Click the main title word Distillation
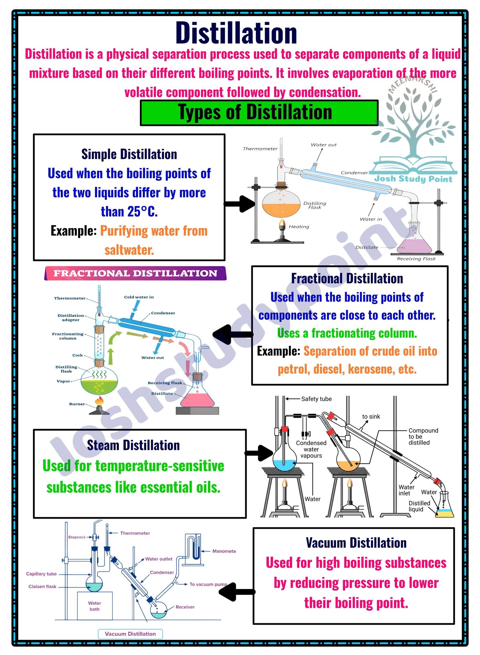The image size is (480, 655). (236, 33)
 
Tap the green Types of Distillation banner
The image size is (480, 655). (259, 113)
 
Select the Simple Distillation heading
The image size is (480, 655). (129, 154)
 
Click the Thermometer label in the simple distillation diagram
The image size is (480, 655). (260, 149)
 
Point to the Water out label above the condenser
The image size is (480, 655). (324, 145)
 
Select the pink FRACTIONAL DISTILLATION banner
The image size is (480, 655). (135, 273)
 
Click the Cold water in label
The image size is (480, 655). (139, 297)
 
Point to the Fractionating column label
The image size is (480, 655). (68, 336)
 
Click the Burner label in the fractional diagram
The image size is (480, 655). (77, 404)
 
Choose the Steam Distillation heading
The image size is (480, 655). (133, 445)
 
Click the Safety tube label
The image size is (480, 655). (316, 399)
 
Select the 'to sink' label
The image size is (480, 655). (371, 416)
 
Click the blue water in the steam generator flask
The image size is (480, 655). (285, 465)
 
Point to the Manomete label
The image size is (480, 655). (224, 551)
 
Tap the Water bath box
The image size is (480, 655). (95, 606)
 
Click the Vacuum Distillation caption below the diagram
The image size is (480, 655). (130, 634)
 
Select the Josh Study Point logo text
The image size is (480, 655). (413, 179)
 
